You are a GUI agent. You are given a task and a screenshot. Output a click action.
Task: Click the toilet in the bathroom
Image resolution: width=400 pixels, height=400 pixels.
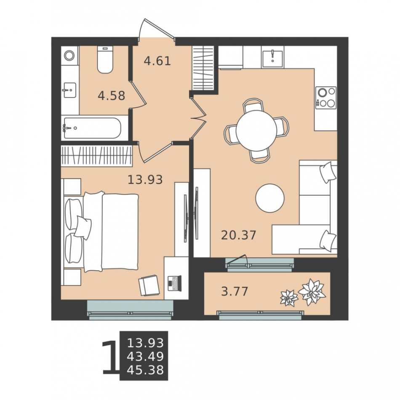pyautogui.click(x=105, y=60)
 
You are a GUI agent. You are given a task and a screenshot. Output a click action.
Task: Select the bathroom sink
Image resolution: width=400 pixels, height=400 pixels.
pyautogui.click(x=69, y=90)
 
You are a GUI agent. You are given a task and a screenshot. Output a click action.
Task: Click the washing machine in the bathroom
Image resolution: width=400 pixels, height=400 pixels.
pyautogui.click(x=69, y=55)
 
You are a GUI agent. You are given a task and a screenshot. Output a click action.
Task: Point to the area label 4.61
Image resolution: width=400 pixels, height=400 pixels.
pyautogui.click(x=157, y=61)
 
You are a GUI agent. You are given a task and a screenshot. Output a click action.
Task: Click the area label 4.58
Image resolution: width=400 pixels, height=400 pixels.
pyautogui.click(x=111, y=96)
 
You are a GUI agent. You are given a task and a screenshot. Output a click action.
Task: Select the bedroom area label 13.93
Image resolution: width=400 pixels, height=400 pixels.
pyautogui.click(x=145, y=180)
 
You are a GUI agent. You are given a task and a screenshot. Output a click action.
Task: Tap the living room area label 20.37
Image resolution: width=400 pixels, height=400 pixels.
pyautogui.click(x=239, y=235)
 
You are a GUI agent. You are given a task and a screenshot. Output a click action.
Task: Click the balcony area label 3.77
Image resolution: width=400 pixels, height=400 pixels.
pyautogui.click(x=234, y=291)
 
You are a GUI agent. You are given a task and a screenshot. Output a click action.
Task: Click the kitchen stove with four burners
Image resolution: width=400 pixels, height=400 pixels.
pyautogui.click(x=326, y=98)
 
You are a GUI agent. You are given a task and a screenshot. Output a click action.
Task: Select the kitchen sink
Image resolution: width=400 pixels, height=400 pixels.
pyautogui.click(x=272, y=57)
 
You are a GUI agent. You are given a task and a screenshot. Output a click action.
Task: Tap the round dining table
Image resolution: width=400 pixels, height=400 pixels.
pyautogui.click(x=256, y=130)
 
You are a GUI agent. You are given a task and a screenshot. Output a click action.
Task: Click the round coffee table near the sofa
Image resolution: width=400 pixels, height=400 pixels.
pyautogui.click(x=270, y=198)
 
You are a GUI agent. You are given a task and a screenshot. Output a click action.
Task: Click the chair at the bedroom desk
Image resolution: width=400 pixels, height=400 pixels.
pyautogui.click(x=149, y=285)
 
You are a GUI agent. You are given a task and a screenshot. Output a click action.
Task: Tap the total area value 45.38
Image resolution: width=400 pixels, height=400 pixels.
pyautogui.click(x=145, y=370)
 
